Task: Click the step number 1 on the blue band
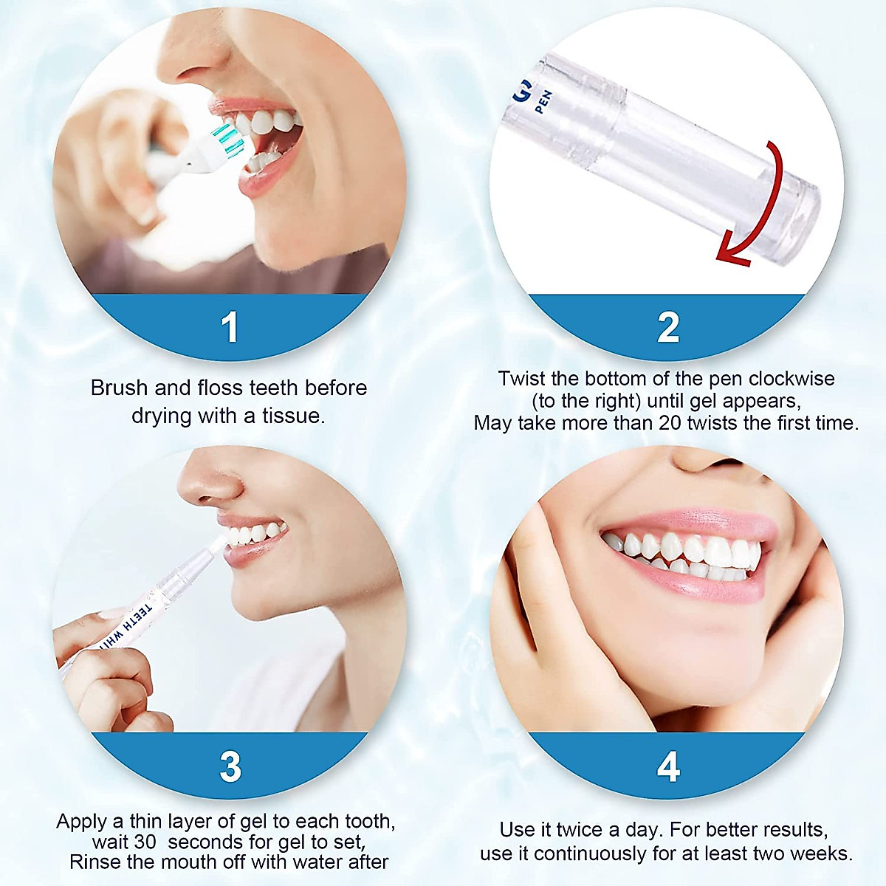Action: (230, 328)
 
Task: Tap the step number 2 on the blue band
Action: (668, 328)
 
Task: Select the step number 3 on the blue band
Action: (230, 767)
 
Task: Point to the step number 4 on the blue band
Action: (668, 767)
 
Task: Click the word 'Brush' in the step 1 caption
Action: (120, 388)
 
